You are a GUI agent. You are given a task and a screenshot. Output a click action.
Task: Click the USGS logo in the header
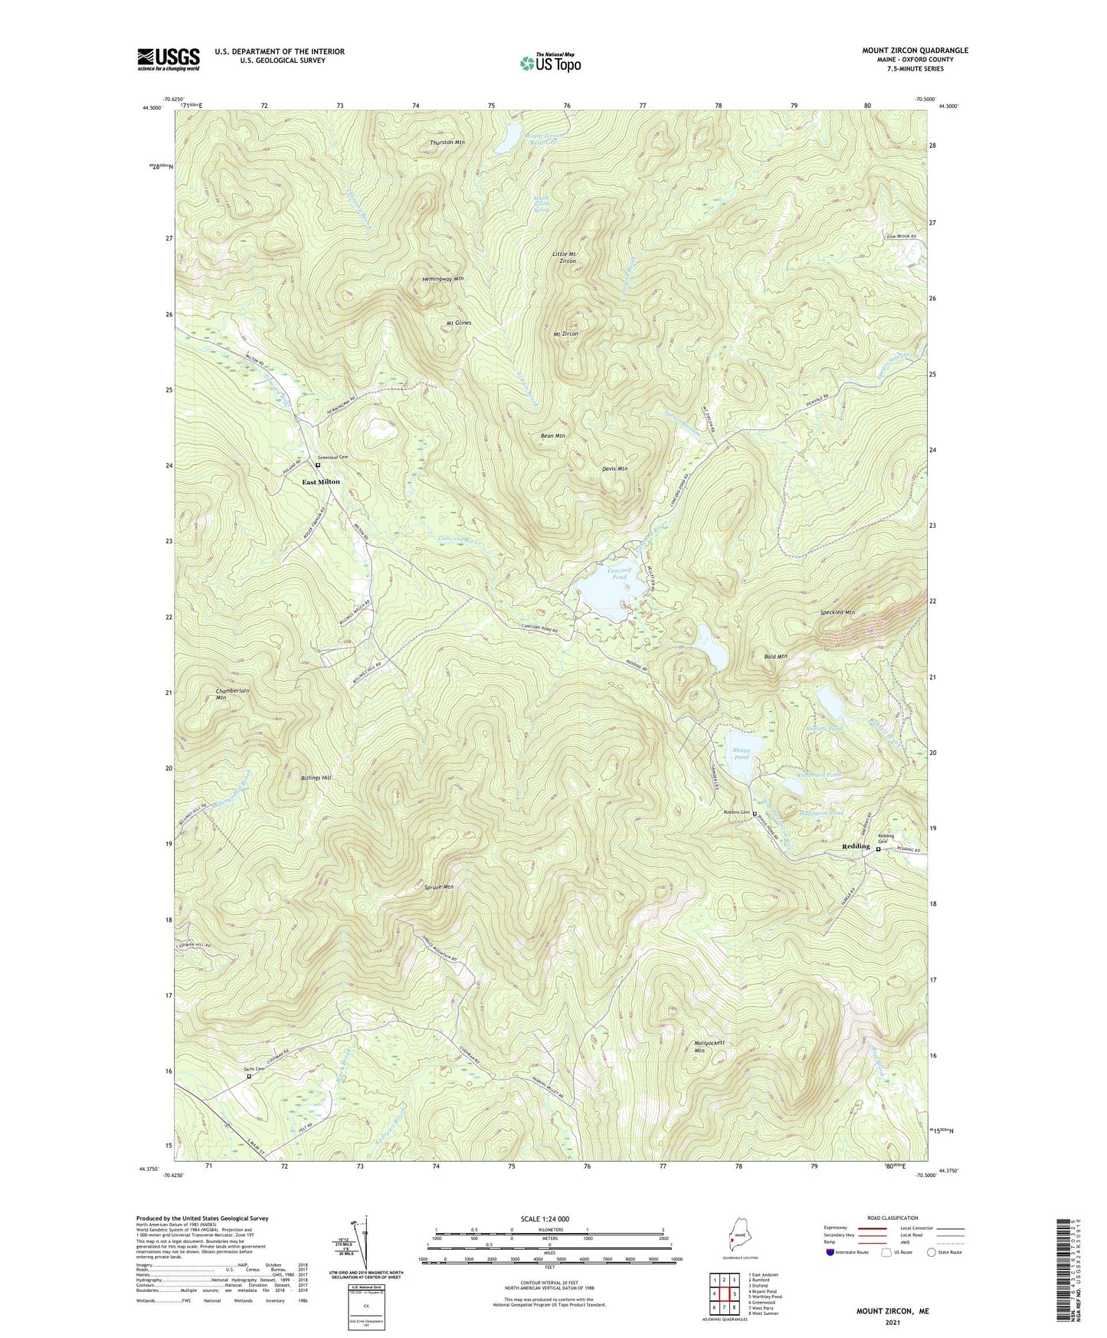(169, 59)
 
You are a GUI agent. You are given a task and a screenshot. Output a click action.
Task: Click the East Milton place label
(320, 481)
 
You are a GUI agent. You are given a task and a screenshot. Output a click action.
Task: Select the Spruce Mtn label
(439, 887)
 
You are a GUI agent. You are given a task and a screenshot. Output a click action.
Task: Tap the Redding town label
(856, 846)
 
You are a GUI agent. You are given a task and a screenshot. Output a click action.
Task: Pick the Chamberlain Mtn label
(232, 694)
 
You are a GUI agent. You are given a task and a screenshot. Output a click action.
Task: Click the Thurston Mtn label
(447, 143)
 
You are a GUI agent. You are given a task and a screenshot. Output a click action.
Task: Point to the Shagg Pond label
(740, 753)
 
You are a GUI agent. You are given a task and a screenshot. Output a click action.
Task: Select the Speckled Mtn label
(837, 612)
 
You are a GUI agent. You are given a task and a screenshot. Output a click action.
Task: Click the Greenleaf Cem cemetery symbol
(319, 464)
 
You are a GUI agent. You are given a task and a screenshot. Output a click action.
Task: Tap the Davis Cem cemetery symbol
(249, 1076)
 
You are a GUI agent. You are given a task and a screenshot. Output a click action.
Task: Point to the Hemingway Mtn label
(443, 279)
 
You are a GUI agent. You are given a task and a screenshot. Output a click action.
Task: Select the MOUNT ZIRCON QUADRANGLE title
(915, 51)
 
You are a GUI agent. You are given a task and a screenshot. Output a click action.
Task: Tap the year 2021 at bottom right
(892, 1322)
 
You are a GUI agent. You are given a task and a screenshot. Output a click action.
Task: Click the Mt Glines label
(459, 323)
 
